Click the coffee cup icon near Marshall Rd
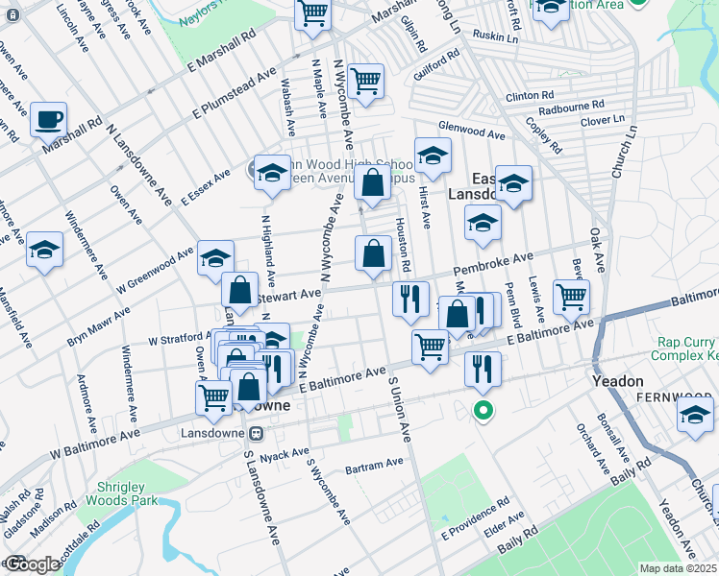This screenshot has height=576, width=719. click(48, 121)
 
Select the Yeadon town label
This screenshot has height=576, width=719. click(618, 381)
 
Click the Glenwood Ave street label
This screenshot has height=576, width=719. click(471, 132)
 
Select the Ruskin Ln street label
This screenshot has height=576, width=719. click(495, 37)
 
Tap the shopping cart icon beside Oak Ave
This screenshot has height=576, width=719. click(571, 297)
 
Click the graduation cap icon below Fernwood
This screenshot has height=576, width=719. click(694, 415)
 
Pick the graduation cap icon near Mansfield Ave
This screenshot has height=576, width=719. click(44, 252)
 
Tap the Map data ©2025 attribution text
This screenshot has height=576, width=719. click(678, 568)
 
